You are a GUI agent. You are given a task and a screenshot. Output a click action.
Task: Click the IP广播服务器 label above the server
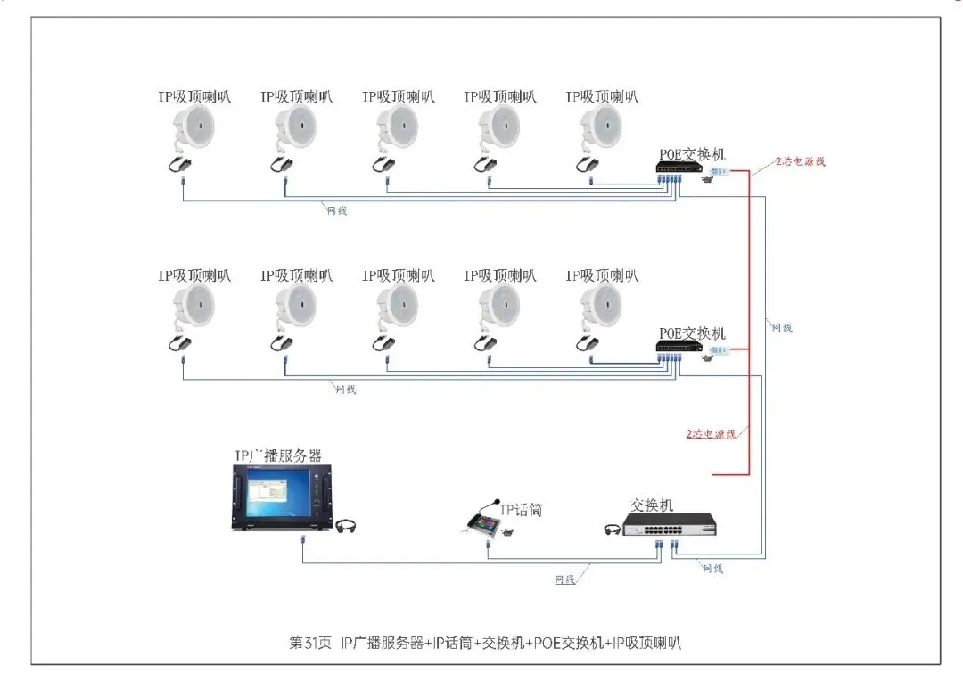point(277,455)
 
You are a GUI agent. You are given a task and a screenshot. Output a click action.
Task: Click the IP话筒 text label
point(522,510)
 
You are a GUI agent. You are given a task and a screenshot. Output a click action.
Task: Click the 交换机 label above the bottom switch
point(653,505)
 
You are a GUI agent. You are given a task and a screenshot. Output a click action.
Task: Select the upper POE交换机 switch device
point(679,167)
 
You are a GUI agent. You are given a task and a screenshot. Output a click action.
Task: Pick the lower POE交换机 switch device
point(679,346)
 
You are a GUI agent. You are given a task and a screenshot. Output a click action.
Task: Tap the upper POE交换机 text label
point(692,154)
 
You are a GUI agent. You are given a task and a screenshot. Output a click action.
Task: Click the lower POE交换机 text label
point(692,332)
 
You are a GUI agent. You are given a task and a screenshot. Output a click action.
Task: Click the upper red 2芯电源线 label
point(800,161)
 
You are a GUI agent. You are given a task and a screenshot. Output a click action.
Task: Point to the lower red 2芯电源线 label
point(711,434)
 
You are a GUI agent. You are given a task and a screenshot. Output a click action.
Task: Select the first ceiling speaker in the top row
point(193,129)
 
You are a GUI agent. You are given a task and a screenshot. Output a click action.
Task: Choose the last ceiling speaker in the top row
point(601,129)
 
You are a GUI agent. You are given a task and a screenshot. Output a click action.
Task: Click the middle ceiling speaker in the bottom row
point(397,308)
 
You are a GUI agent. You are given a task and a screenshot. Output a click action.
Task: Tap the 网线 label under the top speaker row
point(338,210)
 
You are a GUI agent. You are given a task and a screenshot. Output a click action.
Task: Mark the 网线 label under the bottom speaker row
point(346,390)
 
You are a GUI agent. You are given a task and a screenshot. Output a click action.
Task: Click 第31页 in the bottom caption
point(310,642)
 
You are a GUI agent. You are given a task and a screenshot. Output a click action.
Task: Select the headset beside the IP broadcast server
point(347,526)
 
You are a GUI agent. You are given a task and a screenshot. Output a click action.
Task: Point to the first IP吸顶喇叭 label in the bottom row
point(194,275)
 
